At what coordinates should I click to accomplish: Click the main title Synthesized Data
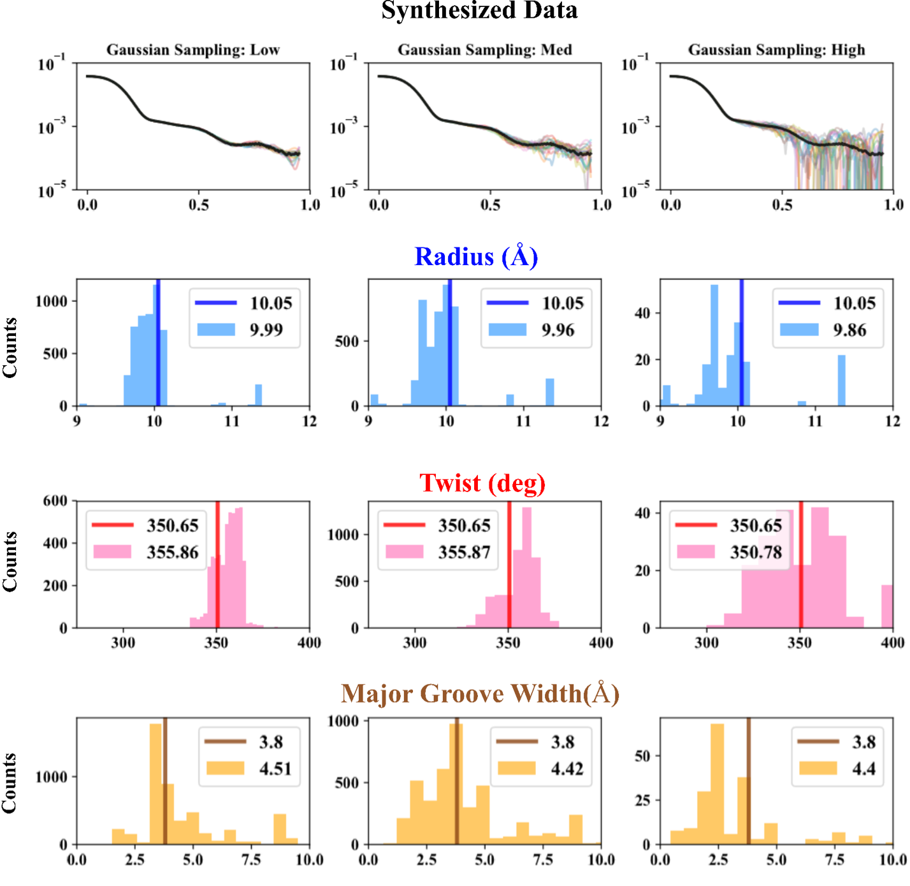[479, 11]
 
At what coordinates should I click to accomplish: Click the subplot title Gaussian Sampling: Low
[192, 50]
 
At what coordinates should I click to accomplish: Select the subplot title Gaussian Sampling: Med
[484, 50]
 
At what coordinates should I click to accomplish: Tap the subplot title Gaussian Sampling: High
[776, 50]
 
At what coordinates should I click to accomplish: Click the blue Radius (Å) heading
[476, 256]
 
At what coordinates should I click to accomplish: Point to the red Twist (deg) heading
[482, 483]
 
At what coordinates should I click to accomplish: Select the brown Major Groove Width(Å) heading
[480, 694]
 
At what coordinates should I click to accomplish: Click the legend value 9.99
[266, 330]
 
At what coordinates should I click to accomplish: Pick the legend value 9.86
[849, 330]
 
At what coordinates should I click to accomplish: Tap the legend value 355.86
[173, 552]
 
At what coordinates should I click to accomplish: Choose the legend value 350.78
[756, 552]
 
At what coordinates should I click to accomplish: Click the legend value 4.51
[275, 769]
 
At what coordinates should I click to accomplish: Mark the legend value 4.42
[567, 769]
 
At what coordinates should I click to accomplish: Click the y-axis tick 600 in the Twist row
[55, 501]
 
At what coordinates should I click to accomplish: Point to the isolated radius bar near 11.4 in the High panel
[842, 381]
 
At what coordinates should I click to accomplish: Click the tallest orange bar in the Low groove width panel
[155, 784]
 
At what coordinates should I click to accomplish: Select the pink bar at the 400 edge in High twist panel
[887, 606]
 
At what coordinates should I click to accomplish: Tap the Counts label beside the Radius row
[10, 347]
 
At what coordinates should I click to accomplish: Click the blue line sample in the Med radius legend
[507, 303]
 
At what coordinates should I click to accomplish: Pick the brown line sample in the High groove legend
[818, 741]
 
